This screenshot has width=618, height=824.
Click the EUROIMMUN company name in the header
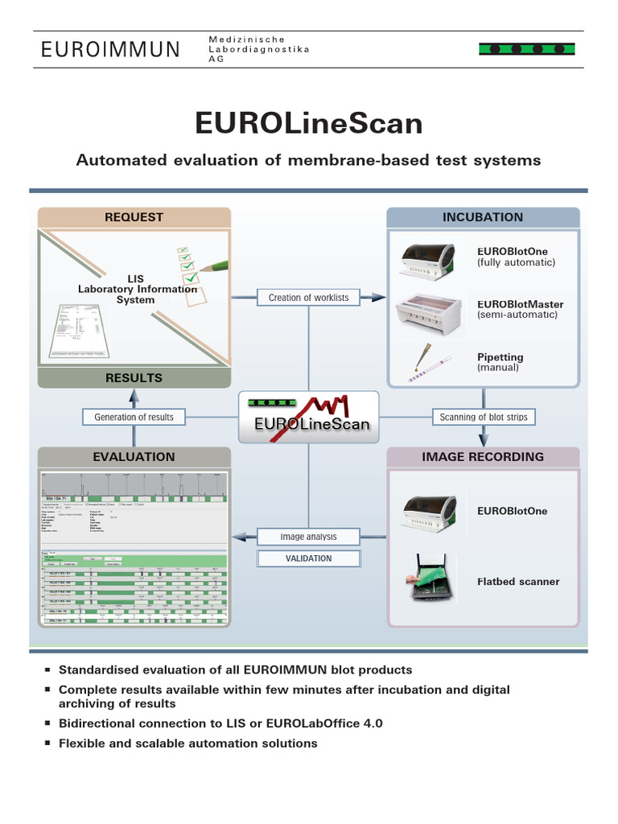111,50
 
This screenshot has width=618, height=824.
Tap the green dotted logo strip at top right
526,49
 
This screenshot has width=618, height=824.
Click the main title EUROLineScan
308,123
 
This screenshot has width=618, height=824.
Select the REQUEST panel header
134,217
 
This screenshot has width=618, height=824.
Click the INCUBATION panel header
482,217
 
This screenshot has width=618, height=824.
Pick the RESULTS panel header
134,377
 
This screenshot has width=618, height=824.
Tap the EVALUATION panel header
134,456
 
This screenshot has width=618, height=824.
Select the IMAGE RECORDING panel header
482,456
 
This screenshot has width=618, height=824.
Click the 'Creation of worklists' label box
308,298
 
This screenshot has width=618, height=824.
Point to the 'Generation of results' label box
134,417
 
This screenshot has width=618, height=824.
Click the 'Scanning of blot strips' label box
483,417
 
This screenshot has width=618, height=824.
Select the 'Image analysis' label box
308,537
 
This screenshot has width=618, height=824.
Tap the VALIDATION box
308,558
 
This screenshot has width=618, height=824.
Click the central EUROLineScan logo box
308,416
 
